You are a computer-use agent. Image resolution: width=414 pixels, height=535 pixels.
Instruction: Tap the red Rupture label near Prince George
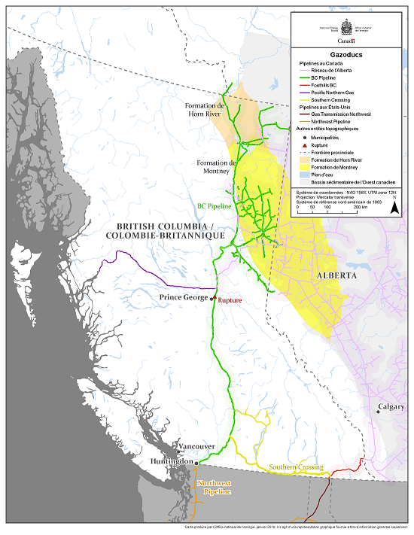point(230,299)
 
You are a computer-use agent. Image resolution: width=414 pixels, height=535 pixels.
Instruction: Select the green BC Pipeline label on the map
point(215,205)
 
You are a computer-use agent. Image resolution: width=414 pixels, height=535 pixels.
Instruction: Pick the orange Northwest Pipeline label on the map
point(214,485)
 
